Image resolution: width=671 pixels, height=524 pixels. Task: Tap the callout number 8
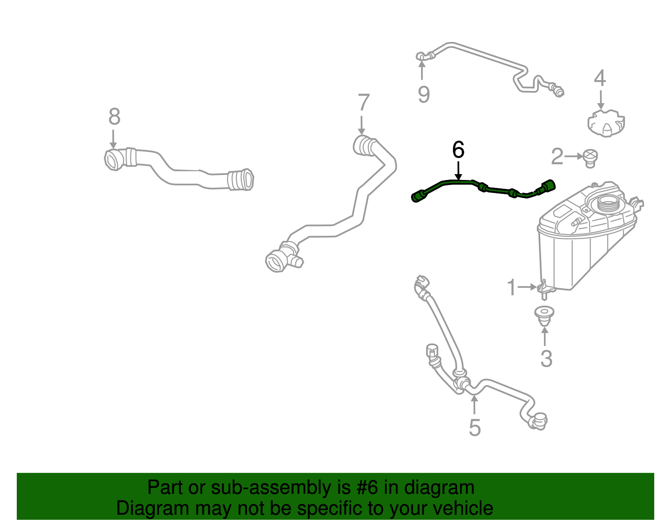pos(114,117)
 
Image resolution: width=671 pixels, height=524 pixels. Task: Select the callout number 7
pos(364,103)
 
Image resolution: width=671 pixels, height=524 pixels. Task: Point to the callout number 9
pos(424,94)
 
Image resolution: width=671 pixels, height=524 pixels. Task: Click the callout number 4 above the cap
pos(600,78)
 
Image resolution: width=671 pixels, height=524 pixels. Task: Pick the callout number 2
pos(557,156)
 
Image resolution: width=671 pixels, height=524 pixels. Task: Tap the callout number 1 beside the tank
pos(511,287)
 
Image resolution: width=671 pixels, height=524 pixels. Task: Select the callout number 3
pos(546,359)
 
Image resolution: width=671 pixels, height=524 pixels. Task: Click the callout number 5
pos(474,428)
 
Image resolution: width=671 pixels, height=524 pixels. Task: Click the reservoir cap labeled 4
pos(606,123)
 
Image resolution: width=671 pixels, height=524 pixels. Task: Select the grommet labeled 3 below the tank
pos(544,315)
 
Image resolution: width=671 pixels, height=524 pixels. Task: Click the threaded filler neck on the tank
pos(607,204)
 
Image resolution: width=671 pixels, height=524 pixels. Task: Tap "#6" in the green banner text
pos(367,488)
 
